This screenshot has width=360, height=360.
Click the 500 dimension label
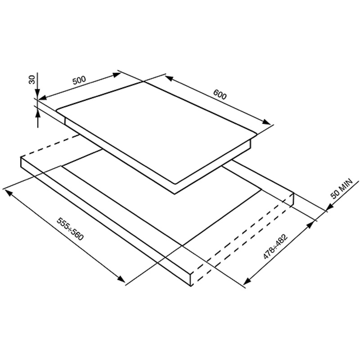coord(79,80)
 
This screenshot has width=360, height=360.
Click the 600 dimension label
coord(220,94)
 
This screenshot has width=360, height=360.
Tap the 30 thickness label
coord(32,80)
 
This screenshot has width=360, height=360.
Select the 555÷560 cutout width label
coord(70,229)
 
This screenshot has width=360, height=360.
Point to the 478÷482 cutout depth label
coord(275,247)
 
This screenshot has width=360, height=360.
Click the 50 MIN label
coord(342,189)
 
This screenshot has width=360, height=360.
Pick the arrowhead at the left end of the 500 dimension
coord(43,97)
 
